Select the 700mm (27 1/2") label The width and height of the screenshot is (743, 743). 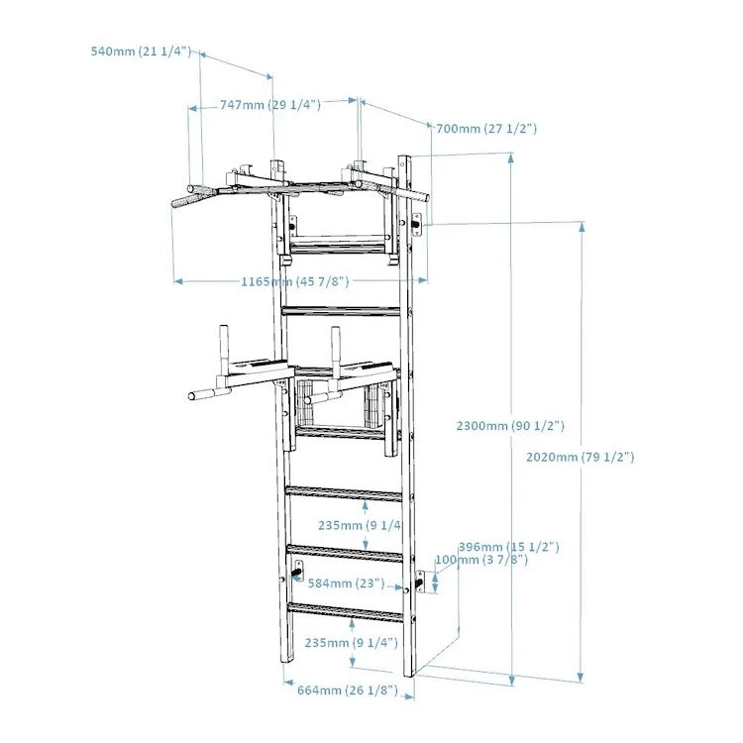pyautogui.click(x=484, y=128)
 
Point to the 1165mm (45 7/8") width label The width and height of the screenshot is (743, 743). pyautogui.click(x=295, y=281)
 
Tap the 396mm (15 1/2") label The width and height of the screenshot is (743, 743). pyautogui.click(x=509, y=546)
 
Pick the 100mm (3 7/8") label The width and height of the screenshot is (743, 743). pyautogui.click(x=481, y=560)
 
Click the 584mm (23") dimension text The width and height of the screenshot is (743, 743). pyautogui.click(x=346, y=584)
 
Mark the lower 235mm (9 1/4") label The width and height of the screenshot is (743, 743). pyautogui.click(x=351, y=642)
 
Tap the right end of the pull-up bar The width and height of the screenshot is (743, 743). pyautogui.click(x=422, y=196)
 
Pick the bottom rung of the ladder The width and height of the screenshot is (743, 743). pyautogui.click(x=346, y=611)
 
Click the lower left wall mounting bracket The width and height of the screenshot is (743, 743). pyautogui.click(x=296, y=573)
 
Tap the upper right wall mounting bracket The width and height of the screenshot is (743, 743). pyautogui.click(x=417, y=226)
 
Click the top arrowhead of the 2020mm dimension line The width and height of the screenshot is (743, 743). pyautogui.click(x=582, y=227)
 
